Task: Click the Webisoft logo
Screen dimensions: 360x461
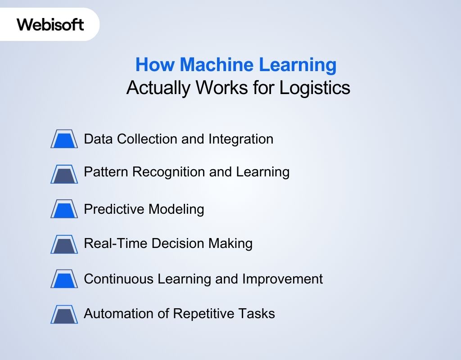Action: coord(50,24)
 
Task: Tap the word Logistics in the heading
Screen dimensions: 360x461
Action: coord(315,88)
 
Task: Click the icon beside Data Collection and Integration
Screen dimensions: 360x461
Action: coord(64,139)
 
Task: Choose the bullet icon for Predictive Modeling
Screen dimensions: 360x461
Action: coord(64,209)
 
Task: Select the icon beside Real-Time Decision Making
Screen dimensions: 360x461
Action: coord(64,244)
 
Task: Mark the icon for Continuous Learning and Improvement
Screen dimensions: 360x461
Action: coord(64,279)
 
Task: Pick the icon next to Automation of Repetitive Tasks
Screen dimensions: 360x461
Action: coord(64,314)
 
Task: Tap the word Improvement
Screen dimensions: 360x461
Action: coord(283,279)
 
